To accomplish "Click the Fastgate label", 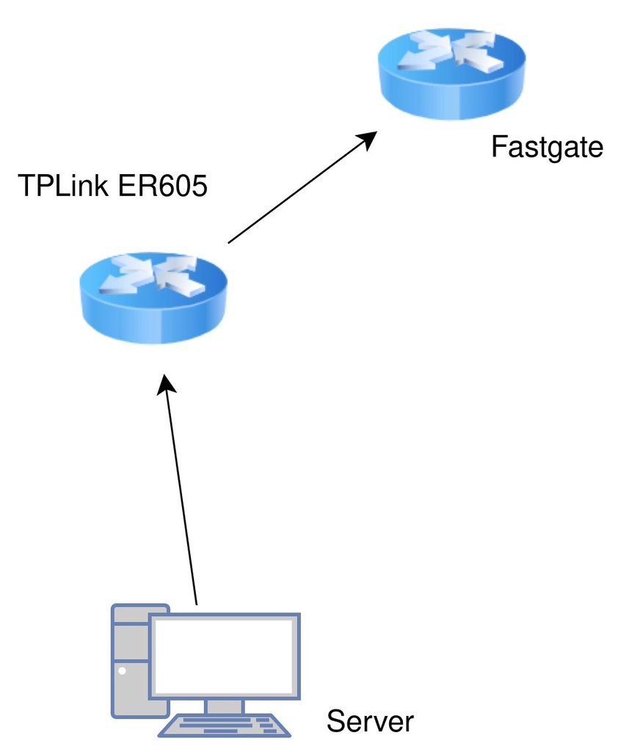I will click(x=546, y=147).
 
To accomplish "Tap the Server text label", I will click(x=370, y=721).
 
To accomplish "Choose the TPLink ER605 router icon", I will click(x=153, y=297).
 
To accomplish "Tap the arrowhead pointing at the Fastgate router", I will click(x=368, y=138).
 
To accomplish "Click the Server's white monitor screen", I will click(x=225, y=656).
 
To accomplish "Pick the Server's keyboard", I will click(x=225, y=725).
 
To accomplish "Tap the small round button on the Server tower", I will click(x=122, y=670).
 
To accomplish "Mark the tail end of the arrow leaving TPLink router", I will click(x=230, y=241).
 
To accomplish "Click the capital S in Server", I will click(x=335, y=721).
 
